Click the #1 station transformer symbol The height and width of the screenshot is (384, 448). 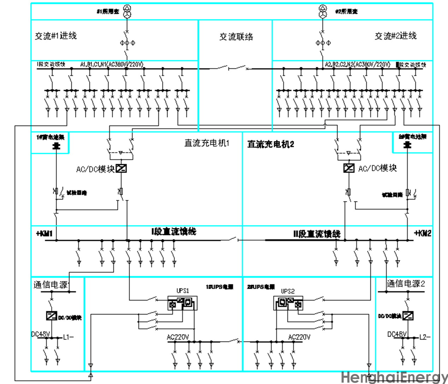pos(127,12)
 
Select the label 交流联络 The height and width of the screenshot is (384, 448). pos(236,36)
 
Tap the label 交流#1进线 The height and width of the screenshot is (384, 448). pos(56,36)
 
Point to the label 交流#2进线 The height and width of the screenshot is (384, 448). pos(395,36)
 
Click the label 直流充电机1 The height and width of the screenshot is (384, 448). pos(207,143)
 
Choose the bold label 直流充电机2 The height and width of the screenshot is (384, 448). pos(270,144)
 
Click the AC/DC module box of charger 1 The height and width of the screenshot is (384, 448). pos(121,169)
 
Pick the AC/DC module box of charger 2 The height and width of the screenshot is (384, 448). pos(348,168)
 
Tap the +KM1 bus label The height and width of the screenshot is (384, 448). pos(44,233)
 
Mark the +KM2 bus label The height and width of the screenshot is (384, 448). pos(422,233)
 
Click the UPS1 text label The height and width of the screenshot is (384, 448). pos(183,290)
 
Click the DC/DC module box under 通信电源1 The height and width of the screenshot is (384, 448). pos(52,316)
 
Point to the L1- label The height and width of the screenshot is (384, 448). pos(68,337)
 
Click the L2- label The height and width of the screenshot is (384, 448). pos(425,337)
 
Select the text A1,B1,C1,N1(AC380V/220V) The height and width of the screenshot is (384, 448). pos(112,64)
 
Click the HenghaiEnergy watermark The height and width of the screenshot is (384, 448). pos(394,377)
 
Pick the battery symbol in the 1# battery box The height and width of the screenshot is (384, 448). pos(56,145)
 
